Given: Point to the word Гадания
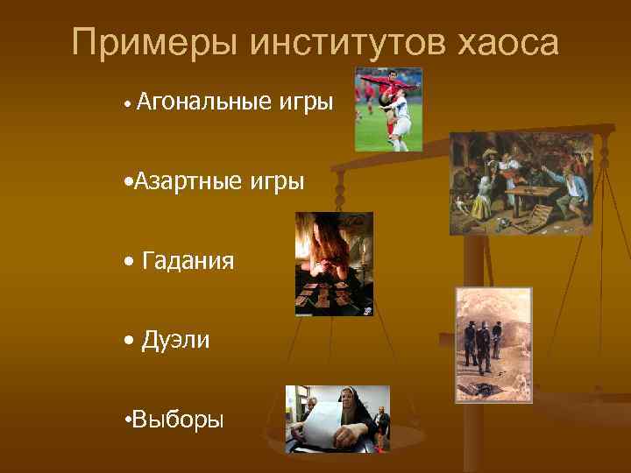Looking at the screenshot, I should click(188, 261).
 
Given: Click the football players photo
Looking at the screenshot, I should click(388, 109).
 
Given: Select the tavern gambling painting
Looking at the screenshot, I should click(521, 184).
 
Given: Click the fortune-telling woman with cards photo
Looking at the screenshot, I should click(333, 263).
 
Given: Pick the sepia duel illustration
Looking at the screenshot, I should click(493, 344).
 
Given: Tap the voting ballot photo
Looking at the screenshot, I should click(337, 419).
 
